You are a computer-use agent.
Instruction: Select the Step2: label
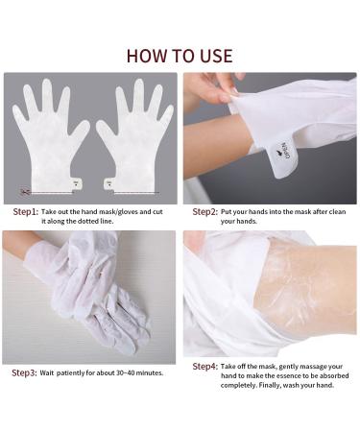point(204,211)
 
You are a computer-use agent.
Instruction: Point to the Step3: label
point(26,372)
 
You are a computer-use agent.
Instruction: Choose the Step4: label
point(204,366)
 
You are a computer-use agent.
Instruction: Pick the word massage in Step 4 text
point(309,366)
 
